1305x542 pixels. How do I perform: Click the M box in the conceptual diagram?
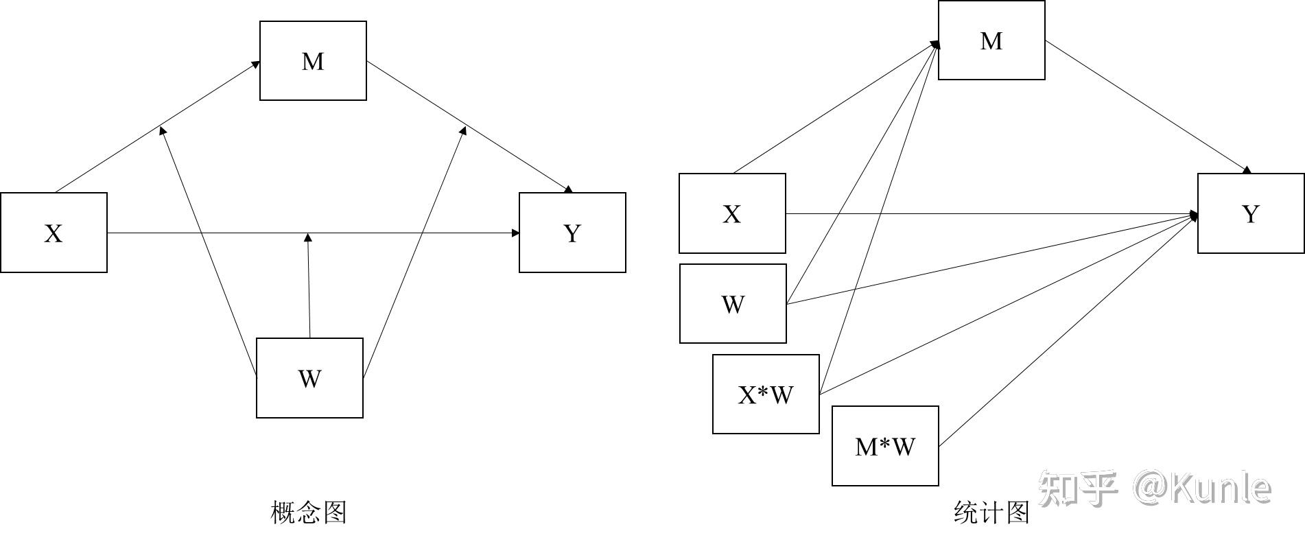point(313,61)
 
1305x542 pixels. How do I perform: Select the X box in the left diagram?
point(54,233)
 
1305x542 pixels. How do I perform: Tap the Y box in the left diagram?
point(572,233)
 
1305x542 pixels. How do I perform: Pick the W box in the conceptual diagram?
point(309,377)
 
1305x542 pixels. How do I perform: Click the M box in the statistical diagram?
point(991,40)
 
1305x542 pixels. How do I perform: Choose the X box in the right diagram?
point(732,213)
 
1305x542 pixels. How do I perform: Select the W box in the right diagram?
point(733,303)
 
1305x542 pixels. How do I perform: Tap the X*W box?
point(766,394)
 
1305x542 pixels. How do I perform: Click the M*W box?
point(885,446)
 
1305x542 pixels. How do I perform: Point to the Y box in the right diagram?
point(1251,213)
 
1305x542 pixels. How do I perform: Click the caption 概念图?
point(309,512)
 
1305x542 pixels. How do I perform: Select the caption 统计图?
point(992,512)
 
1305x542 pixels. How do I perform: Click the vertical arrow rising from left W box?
point(309,288)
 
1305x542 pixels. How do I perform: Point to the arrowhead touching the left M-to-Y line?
point(463,130)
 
